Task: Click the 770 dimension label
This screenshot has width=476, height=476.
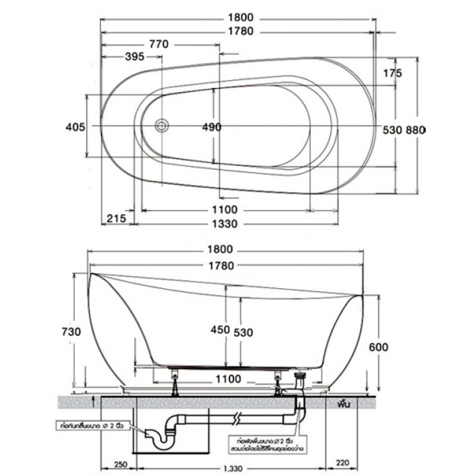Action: (158, 44)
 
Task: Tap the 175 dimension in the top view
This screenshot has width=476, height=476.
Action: (395, 73)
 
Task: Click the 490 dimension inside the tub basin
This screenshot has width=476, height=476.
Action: (212, 127)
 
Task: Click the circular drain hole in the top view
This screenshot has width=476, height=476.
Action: (161, 126)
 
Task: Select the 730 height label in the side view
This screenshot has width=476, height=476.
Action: (71, 332)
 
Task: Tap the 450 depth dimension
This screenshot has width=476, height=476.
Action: (221, 330)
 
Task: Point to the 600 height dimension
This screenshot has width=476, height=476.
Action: (379, 347)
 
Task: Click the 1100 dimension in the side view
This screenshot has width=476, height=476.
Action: (228, 379)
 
